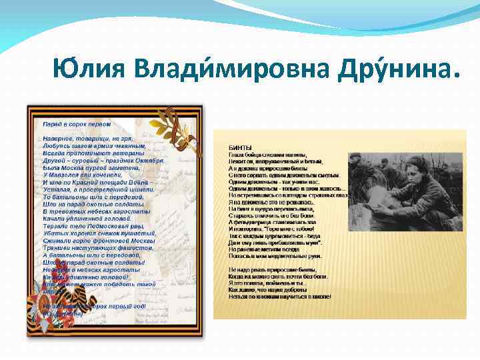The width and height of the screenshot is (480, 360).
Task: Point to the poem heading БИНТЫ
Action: tap(240, 147)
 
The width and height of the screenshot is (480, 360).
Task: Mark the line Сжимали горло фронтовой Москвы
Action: tap(97, 241)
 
